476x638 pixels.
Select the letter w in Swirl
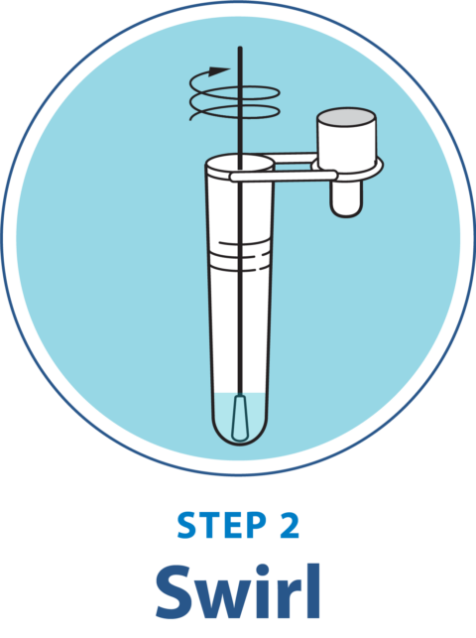(223, 598)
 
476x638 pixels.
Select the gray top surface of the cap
(345, 117)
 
